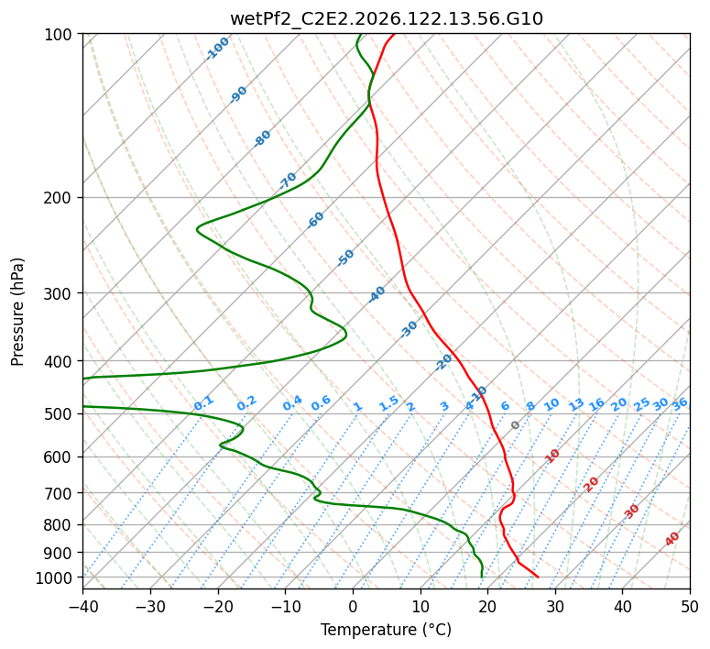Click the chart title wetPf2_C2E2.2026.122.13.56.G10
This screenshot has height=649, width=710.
(x=387, y=19)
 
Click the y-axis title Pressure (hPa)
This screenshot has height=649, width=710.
(x=17, y=312)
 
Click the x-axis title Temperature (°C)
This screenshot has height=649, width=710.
(x=387, y=630)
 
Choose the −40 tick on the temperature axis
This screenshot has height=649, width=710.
(x=82, y=606)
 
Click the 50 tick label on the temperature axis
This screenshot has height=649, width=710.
(x=690, y=606)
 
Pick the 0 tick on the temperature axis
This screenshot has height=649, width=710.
(x=354, y=606)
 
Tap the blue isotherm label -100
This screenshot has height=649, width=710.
(x=217, y=49)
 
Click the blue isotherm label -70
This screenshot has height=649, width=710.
(x=288, y=181)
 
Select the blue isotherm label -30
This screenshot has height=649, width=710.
(x=409, y=329)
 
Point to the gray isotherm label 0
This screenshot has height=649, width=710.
(x=515, y=425)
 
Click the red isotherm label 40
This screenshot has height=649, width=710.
(x=672, y=539)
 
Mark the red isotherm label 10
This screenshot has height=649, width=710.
(x=552, y=456)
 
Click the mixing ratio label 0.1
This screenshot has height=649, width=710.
(x=203, y=403)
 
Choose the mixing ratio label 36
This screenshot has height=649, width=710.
(x=680, y=405)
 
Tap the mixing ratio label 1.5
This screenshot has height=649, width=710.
(x=389, y=403)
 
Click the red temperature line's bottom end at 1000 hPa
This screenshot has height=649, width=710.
(x=538, y=577)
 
